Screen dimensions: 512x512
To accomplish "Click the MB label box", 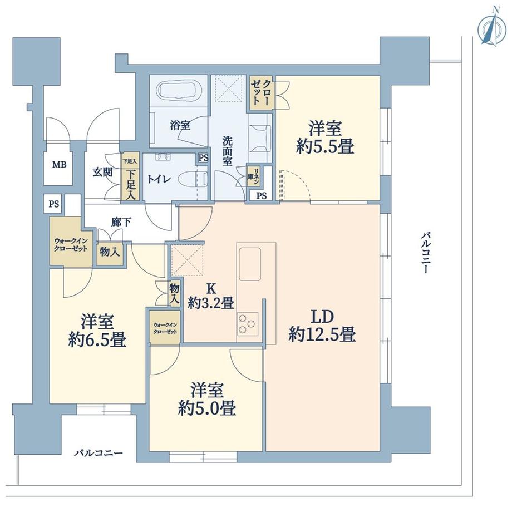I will coord(58,165).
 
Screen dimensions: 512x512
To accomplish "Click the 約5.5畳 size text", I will coord(326,147).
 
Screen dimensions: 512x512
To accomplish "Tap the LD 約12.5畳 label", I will coord(322,326).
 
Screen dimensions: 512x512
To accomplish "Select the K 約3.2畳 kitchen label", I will coord(210,297).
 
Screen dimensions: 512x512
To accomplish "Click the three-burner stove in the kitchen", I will coord(248,323).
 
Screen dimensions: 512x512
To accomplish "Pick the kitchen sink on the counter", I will coord(249,262).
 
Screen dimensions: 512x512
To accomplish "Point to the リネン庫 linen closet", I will coord(251,177).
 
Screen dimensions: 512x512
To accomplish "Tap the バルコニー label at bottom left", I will coord(99,453).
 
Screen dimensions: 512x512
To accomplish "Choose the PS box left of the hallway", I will coord(53,204).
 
